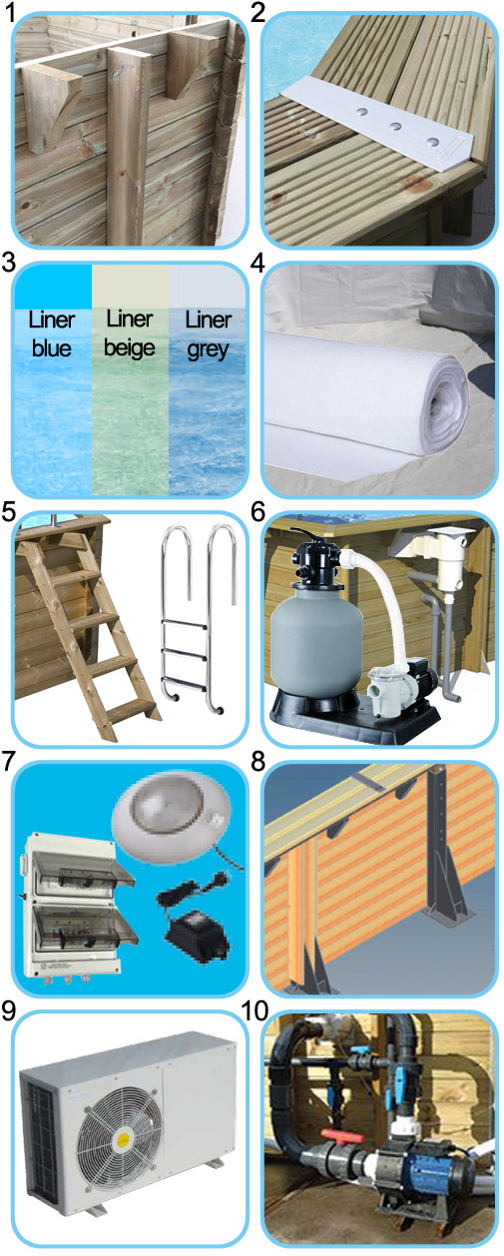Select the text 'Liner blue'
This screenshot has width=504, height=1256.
point(51,332)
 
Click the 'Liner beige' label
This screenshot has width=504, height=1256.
point(129,332)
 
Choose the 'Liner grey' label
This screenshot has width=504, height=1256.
point(207,332)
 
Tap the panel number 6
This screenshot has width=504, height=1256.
point(258,511)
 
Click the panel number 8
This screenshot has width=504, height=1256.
point(258,763)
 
